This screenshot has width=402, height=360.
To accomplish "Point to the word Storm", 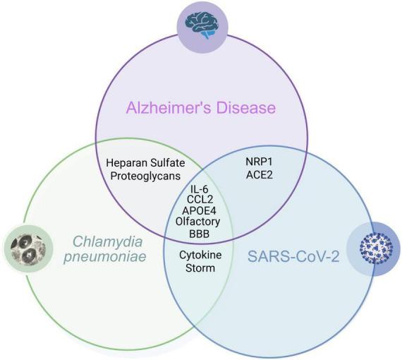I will [200, 268].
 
